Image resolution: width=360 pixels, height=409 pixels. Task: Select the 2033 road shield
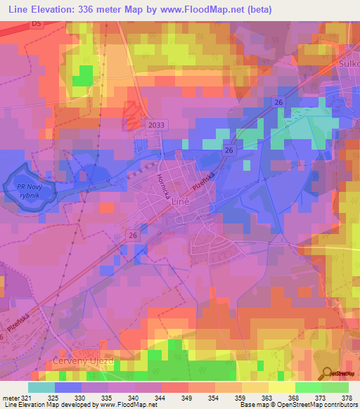click(x=157, y=124)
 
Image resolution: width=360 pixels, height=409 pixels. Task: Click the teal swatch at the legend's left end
click(x=41, y=387)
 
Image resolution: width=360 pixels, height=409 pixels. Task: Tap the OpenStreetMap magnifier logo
click(x=328, y=372)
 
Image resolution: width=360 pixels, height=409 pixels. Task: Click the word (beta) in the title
click(x=256, y=9)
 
